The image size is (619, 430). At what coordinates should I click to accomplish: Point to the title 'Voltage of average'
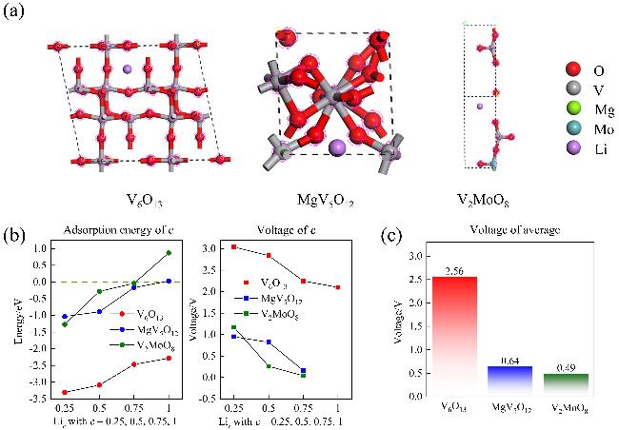511,232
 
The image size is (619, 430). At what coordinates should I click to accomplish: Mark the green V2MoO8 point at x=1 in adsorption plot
168,253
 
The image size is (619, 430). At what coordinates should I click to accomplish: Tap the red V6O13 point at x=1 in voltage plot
338,286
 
